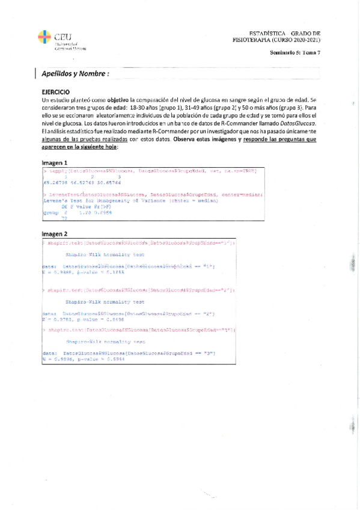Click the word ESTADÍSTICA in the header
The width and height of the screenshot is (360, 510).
pos(267,34)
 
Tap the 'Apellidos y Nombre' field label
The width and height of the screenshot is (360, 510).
pos(75,74)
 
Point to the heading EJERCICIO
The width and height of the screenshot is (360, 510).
pos(58,91)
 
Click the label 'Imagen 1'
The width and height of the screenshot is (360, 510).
pos(54,163)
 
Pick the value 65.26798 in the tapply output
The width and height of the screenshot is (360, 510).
pos(54,183)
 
